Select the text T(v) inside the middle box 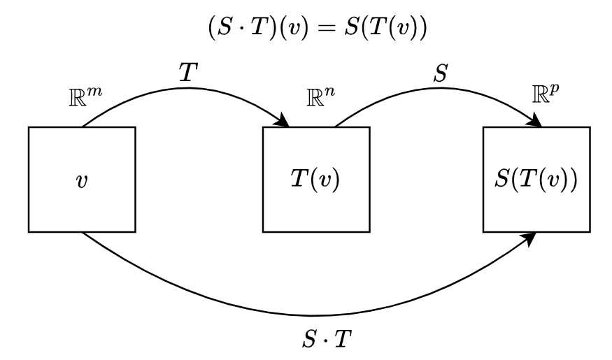[315, 180]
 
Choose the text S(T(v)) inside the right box [536, 180]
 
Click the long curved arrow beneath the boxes [308, 313]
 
